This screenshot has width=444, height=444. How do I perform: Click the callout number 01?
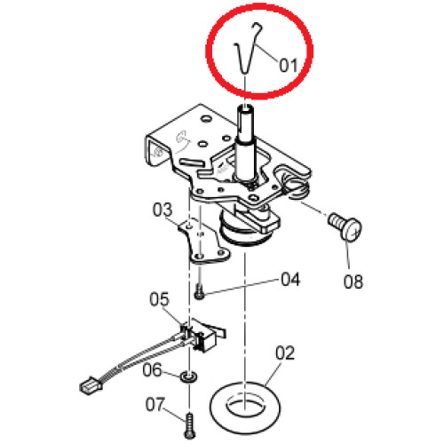click(x=289, y=65)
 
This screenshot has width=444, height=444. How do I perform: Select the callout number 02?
click(x=285, y=353)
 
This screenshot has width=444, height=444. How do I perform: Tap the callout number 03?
click(x=163, y=210)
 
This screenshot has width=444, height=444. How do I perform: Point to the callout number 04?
click(x=290, y=279)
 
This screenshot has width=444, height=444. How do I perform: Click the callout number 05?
click(x=159, y=299)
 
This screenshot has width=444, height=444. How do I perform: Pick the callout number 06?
click(x=152, y=369)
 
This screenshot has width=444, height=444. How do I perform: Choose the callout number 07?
click(x=155, y=405)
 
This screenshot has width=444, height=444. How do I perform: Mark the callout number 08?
click(x=353, y=281)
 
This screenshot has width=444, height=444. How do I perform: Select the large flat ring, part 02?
click(x=218, y=408)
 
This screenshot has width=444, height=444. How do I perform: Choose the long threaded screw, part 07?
click(x=190, y=426)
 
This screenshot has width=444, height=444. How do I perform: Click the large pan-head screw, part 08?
click(x=345, y=227)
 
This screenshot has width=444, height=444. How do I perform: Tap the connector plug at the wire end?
click(x=91, y=385)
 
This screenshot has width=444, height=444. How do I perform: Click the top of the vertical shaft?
click(x=245, y=109)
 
